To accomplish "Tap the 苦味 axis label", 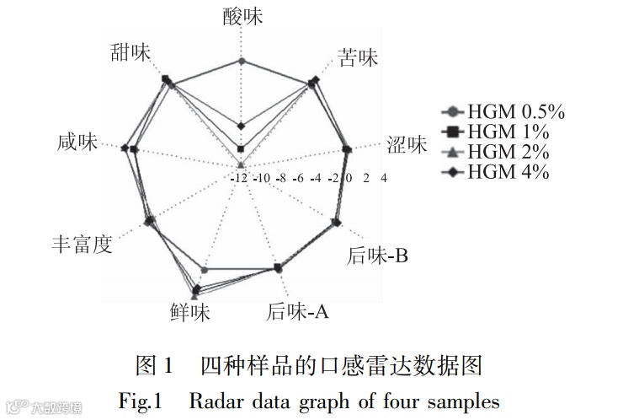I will click(x=358, y=57).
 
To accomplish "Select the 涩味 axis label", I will click(x=407, y=145).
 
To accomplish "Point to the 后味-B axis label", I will click(x=377, y=256).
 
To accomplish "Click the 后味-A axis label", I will click(x=297, y=312).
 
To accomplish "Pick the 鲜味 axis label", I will click(x=189, y=313).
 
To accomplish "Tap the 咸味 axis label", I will click(x=77, y=143).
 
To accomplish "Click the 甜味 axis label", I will click(x=130, y=51).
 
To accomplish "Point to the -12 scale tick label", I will click(x=239, y=178).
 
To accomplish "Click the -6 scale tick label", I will click(x=298, y=178).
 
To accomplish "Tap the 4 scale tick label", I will click(x=384, y=178).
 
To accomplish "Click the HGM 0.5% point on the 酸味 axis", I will click(x=242, y=61).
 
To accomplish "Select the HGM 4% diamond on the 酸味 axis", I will click(x=241, y=126).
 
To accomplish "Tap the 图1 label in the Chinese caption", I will click(x=153, y=366).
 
